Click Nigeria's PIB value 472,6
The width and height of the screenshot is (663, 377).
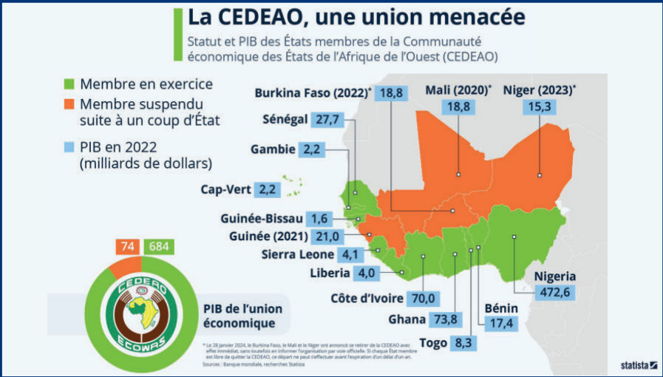click(x=551, y=293)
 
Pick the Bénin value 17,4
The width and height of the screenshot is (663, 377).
click(x=500, y=323)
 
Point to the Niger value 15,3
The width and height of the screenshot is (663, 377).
click(x=539, y=107)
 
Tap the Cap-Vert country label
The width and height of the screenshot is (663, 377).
click(x=224, y=189)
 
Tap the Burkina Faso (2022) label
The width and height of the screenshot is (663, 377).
click(x=312, y=93)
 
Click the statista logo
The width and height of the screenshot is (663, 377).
click(x=638, y=364)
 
